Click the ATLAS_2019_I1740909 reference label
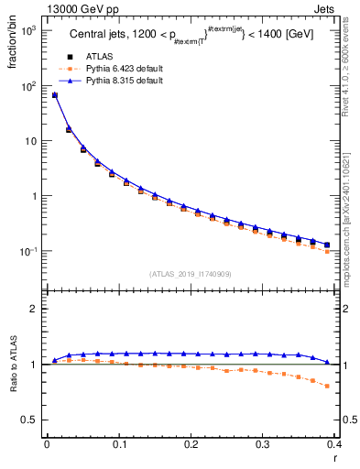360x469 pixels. click(190, 274)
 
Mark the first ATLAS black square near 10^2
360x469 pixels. click(54, 95)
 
